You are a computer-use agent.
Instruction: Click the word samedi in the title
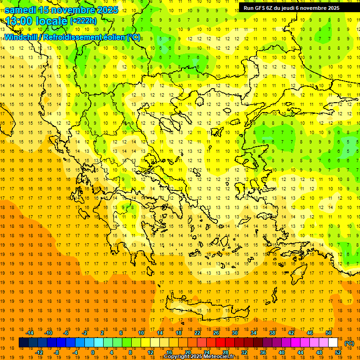point(21,10)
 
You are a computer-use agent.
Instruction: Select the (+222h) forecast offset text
point(83,21)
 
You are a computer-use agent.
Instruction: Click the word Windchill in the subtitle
point(21,37)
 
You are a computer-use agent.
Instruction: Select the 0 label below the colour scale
point(93,352)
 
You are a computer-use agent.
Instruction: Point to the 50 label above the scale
point(329,333)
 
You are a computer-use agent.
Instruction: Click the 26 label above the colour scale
point(216,333)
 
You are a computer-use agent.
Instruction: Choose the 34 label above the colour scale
point(254,333)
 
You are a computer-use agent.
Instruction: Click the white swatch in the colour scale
point(333,343)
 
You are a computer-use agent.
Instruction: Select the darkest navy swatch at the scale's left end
point(24,343)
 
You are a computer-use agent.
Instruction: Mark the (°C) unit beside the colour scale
point(349,343)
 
